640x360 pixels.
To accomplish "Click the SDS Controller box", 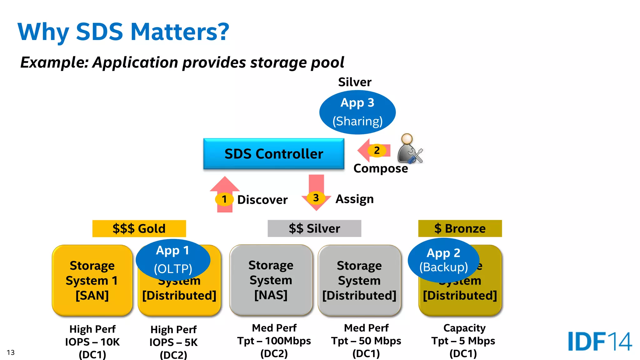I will pyautogui.click(x=274, y=154).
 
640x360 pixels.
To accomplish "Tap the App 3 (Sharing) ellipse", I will pyautogui.click(x=357, y=112).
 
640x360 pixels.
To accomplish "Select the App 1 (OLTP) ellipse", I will pyautogui.click(x=173, y=260).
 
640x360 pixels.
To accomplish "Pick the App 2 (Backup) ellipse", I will pyautogui.click(x=443, y=260).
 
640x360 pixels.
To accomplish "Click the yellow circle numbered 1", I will pyautogui.click(x=224, y=199).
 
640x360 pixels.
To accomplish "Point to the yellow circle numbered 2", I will pyautogui.click(x=377, y=150).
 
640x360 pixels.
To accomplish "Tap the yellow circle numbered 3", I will pyautogui.click(x=316, y=197).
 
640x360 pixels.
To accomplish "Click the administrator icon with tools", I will pyautogui.click(x=409, y=149).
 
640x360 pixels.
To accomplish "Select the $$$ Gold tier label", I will pyautogui.click(x=139, y=228).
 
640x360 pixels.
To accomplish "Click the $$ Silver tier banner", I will pyautogui.click(x=314, y=228).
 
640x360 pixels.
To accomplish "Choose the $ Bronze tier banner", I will pyautogui.click(x=460, y=228).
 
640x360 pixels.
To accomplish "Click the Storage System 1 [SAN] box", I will pyautogui.click(x=92, y=280).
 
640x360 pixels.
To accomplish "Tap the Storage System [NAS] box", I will pyautogui.click(x=271, y=280).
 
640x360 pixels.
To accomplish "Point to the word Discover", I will pyautogui.click(x=262, y=200).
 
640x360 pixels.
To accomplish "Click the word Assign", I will pyautogui.click(x=354, y=199).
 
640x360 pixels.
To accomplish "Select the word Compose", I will pyautogui.click(x=381, y=168).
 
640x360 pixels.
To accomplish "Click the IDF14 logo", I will pyautogui.click(x=600, y=341).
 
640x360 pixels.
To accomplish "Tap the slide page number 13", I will pyautogui.click(x=11, y=352).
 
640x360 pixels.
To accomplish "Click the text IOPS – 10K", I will pyautogui.click(x=92, y=342).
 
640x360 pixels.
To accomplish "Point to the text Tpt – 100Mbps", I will pyautogui.click(x=274, y=341).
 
